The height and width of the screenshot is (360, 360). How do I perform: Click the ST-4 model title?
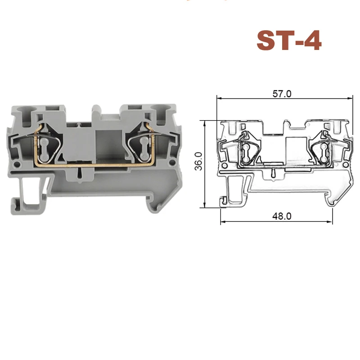288,40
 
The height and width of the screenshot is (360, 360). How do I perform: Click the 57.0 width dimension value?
283,94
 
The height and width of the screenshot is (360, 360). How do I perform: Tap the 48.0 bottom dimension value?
283,216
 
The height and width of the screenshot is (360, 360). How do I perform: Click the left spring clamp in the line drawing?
247,148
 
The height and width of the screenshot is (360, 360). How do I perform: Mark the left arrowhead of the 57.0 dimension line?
219,97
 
